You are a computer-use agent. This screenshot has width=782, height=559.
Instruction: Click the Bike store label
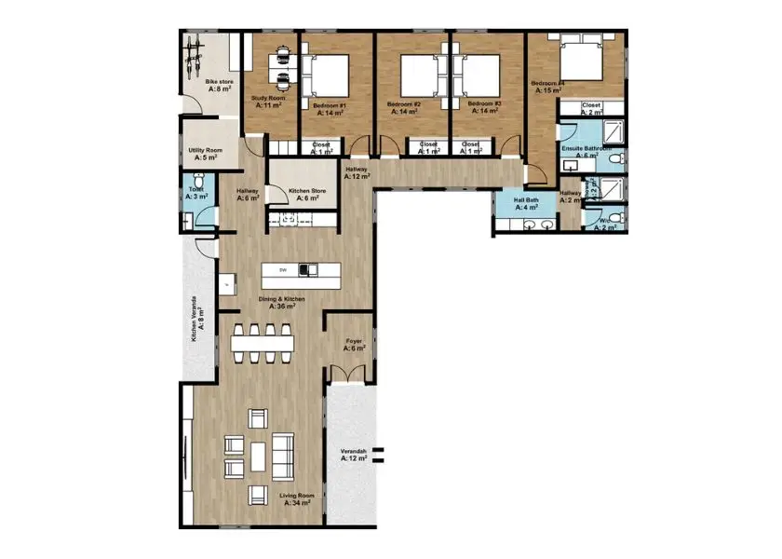(x=219, y=86)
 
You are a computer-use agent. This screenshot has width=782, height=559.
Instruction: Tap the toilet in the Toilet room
(x=189, y=221)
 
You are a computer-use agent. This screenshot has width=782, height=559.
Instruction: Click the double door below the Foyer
(x=349, y=375)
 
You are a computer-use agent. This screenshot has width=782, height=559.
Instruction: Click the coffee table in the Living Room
(x=257, y=456)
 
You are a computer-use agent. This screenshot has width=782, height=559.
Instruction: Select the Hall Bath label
(x=514, y=204)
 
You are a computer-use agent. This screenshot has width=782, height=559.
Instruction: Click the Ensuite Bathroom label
(x=586, y=152)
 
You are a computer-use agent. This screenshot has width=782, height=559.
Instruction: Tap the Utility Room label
(x=205, y=154)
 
